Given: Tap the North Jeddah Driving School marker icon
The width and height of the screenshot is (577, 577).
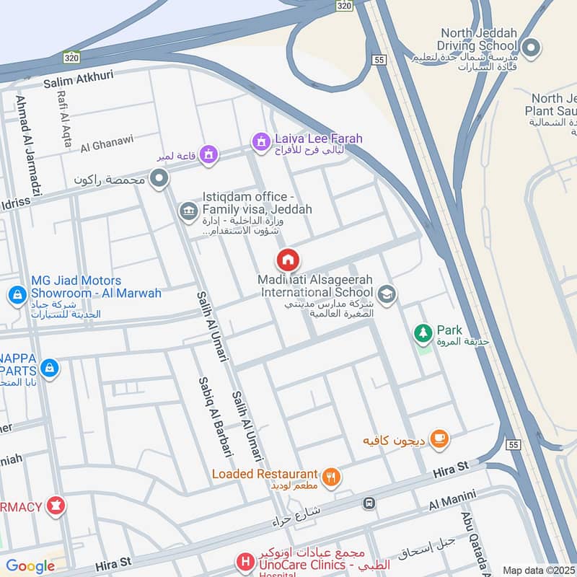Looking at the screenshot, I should pos(532,48).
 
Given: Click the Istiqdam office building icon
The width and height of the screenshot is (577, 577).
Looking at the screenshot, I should pos(188,211).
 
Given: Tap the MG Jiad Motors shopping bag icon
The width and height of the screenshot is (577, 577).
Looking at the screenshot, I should pos(17,294).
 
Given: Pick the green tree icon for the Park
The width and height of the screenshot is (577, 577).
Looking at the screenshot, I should pos(423,334).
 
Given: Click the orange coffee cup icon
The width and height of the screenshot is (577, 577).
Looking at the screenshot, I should pos(439,437).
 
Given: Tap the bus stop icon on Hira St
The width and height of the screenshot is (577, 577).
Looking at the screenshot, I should pos(369,503).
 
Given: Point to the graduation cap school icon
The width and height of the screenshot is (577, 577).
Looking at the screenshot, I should pos(387,294).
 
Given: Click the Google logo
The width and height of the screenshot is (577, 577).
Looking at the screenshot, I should pos(30,566).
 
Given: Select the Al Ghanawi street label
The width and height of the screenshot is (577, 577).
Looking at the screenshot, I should pos(105,146).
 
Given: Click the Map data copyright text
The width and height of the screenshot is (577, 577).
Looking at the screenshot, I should pos(539,570).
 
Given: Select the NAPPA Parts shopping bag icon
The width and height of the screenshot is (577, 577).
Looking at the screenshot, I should pos(49,368).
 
